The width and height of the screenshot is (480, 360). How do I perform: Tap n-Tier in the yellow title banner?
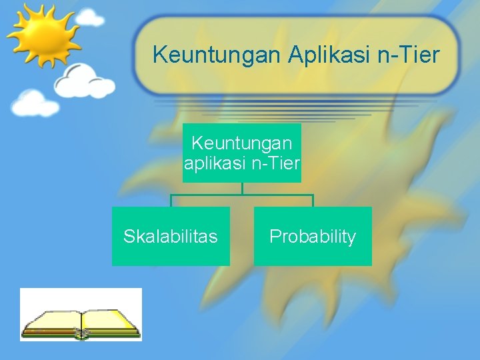point(409,55)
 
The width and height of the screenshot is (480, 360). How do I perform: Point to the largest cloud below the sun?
point(83,81)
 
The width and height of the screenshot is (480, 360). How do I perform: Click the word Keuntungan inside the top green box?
point(241,143)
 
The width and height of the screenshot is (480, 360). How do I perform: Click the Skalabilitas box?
point(171,236)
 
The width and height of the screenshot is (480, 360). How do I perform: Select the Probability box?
point(313,236)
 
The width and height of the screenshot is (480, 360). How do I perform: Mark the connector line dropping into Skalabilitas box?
point(171,201)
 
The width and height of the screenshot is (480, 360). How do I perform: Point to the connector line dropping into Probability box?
point(313,201)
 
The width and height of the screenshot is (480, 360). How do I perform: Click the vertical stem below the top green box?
point(242,188)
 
